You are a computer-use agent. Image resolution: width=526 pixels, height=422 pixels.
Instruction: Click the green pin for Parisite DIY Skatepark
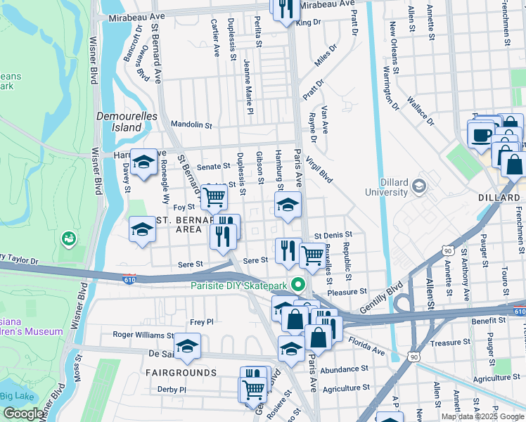tap(298, 285)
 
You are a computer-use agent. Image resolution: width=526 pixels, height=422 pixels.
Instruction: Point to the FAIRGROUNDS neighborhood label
tap(181, 371)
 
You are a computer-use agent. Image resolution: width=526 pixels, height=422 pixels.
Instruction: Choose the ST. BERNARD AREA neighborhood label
tap(179, 224)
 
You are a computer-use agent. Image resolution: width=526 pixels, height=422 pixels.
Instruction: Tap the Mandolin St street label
tap(191, 124)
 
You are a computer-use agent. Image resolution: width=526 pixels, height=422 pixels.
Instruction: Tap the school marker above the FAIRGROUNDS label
tap(187, 345)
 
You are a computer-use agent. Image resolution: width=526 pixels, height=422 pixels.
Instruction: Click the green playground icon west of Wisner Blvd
tap(68, 239)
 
